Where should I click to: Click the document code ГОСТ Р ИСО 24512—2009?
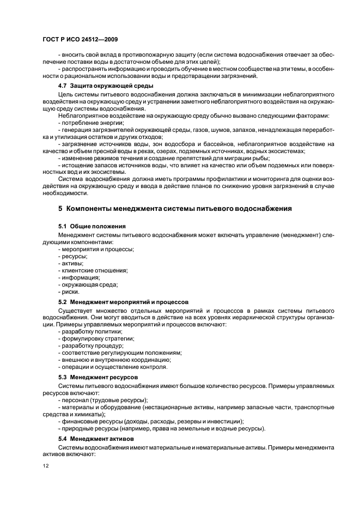tap(80, 40)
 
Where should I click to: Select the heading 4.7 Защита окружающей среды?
tap(106, 86)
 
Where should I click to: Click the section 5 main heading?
tap(175, 208)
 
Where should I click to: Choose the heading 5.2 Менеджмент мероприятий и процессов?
tap(123, 301)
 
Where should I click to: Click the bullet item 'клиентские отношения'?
tap(93, 270)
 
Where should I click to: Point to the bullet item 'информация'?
tap(78, 277)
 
